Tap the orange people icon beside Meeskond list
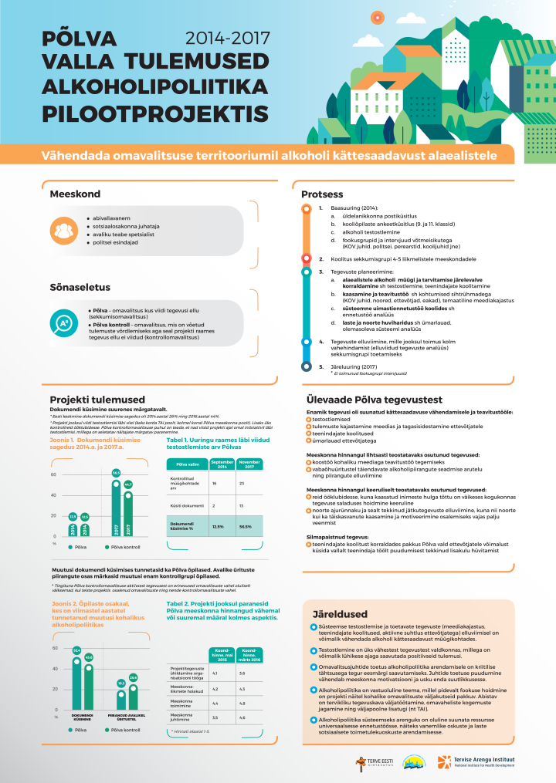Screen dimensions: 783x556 pos(65,230)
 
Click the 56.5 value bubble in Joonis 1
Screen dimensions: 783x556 pos(117,473)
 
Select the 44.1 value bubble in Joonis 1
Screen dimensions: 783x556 pos(129,484)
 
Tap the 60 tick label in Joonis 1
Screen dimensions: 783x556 pos(55,474)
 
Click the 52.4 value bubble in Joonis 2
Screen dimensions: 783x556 pos(77,650)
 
